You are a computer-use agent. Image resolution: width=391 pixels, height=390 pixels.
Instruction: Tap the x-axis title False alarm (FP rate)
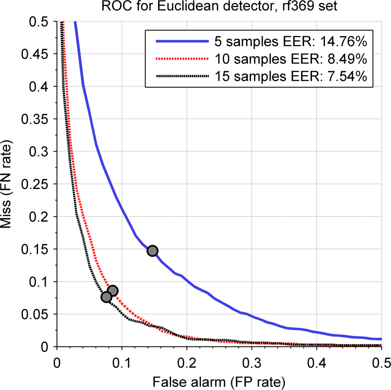[x=219, y=381]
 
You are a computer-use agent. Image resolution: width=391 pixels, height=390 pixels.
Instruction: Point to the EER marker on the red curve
[x=112, y=290]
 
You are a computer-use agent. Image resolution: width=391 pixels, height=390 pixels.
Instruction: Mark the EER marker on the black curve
[x=106, y=297]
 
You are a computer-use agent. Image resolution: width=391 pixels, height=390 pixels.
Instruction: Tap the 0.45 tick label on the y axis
[x=39, y=54]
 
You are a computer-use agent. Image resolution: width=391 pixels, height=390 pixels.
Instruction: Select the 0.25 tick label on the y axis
[x=39, y=184]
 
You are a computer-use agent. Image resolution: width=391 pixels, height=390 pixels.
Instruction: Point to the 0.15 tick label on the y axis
[x=39, y=249]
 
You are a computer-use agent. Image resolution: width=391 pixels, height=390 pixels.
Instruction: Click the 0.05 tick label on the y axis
[x=39, y=314]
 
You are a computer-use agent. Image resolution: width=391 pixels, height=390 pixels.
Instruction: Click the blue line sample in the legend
[x=182, y=41]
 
